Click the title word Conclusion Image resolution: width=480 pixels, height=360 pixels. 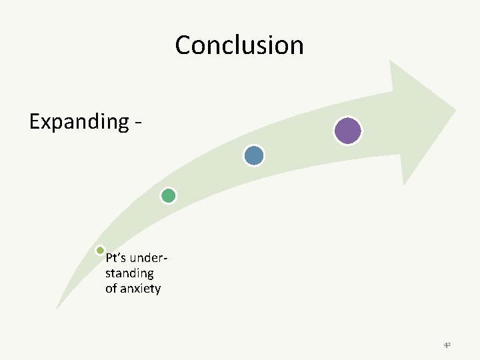click(x=239, y=45)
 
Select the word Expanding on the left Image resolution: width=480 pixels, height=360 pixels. click(x=79, y=122)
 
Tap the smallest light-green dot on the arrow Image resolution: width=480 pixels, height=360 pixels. click(x=100, y=251)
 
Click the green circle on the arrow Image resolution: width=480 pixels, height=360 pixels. click(x=169, y=195)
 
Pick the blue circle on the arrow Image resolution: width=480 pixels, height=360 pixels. click(x=254, y=155)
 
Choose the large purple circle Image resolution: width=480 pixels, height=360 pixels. click(x=347, y=131)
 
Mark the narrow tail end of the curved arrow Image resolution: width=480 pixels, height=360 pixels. click(x=57, y=308)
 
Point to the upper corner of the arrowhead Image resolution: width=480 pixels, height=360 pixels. click(x=390, y=61)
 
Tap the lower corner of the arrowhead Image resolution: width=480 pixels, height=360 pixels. click(x=404, y=184)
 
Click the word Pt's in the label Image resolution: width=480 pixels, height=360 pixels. click(x=116, y=258)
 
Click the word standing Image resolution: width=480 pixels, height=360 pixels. click(x=129, y=273)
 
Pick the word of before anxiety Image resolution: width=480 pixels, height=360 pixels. click(x=111, y=289)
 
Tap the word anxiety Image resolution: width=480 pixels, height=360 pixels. click(x=141, y=289)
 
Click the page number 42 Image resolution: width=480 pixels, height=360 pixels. click(x=447, y=345)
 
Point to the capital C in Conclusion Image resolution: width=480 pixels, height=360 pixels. click(x=183, y=45)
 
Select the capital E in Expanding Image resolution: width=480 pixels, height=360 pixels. click(x=35, y=121)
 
